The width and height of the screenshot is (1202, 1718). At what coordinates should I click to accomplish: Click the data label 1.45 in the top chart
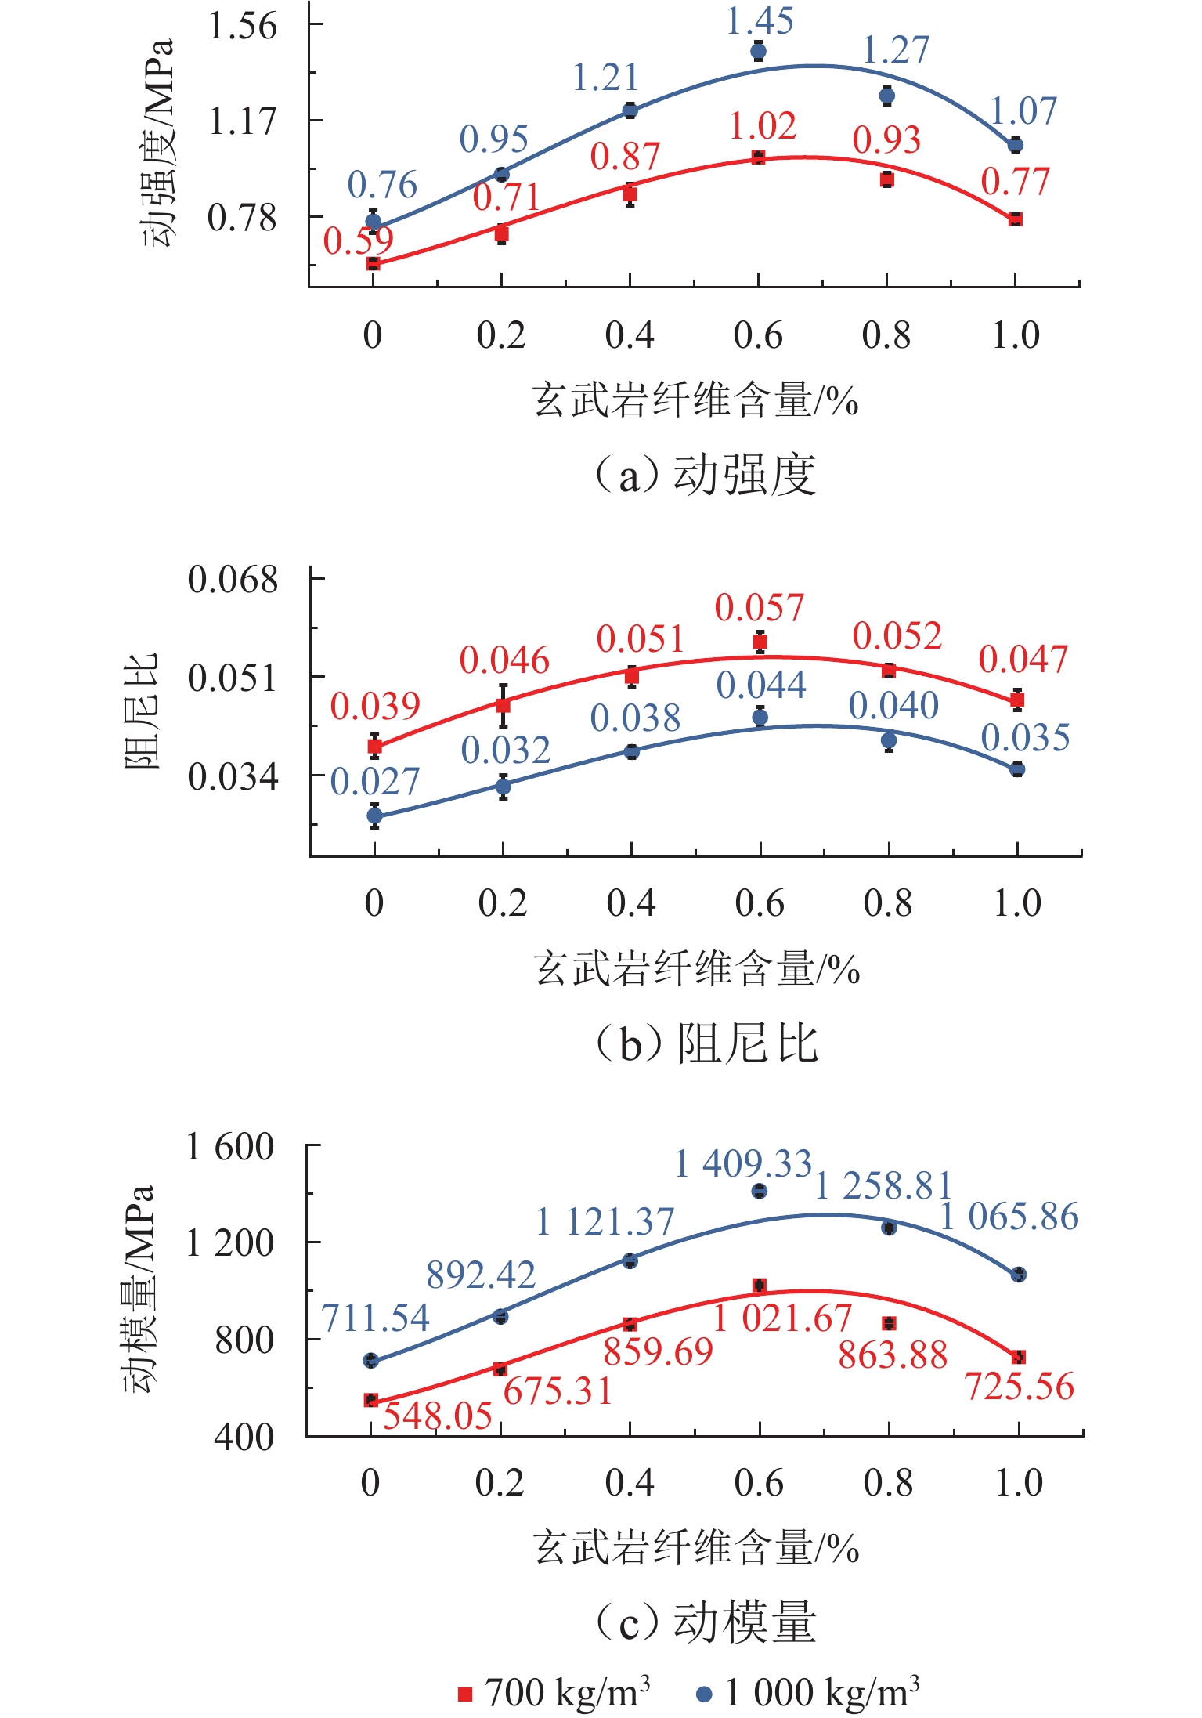click(759, 21)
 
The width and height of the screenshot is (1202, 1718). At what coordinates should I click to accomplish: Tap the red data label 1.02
click(763, 126)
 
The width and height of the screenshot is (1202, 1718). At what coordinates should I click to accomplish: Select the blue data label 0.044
click(760, 685)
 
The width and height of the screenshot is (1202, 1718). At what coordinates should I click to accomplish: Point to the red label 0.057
click(759, 608)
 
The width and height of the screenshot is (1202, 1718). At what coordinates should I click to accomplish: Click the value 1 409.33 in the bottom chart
click(743, 1163)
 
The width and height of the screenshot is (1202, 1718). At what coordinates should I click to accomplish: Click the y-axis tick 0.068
click(233, 580)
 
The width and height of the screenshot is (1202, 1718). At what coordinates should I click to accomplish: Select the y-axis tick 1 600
click(229, 1147)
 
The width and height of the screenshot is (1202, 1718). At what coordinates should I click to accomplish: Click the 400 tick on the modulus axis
click(244, 1436)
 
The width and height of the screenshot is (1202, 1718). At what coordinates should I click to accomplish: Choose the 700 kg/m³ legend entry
click(554, 1692)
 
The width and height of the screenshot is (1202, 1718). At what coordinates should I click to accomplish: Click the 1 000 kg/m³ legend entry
click(808, 1692)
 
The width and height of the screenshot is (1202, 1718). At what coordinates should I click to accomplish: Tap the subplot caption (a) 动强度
click(705, 475)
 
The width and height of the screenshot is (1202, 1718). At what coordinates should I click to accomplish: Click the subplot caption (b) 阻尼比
click(706, 1043)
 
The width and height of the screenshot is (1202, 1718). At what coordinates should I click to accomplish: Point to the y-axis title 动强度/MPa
click(158, 143)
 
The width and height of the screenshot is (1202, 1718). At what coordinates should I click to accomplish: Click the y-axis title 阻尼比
click(142, 711)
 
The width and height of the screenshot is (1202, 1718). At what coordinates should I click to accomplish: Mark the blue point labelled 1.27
click(886, 96)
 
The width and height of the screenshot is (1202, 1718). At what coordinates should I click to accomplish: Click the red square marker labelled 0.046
click(503, 705)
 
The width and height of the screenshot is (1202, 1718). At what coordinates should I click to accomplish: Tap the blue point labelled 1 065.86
click(1018, 1275)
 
